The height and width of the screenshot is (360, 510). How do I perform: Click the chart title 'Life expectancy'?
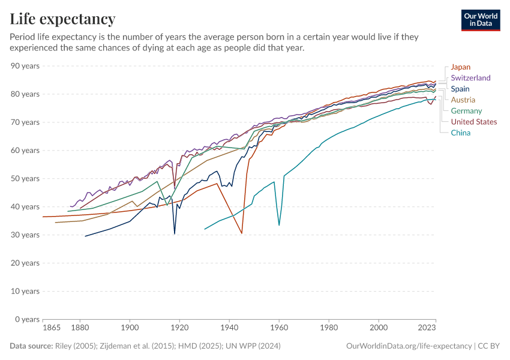pos(62,19)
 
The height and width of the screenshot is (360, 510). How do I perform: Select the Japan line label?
pos(461,67)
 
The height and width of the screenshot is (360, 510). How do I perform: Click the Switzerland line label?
pos(470,78)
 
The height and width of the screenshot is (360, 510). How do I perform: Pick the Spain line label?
pos(460,89)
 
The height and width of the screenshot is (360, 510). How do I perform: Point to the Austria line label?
pos(463,100)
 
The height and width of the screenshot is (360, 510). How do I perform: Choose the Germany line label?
pos(466,111)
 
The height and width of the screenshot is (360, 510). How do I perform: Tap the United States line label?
pos(473,122)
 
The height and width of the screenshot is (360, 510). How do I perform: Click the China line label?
pos(460,133)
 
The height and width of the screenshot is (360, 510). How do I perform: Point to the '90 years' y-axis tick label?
pos(25,66)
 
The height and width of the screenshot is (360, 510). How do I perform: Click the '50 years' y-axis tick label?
pos(25,179)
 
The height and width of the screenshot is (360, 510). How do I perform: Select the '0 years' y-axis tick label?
pos(27,319)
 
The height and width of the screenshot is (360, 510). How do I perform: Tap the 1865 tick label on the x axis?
pos(52,329)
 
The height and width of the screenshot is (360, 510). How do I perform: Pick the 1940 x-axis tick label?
pos(229,329)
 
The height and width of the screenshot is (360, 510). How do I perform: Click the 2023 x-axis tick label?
pos(427,329)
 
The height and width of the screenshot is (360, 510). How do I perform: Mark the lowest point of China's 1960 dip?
pos(279,225)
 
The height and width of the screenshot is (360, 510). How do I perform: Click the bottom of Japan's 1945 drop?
pos(242,233)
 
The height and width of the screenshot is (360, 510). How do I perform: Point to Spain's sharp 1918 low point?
pos(175,233)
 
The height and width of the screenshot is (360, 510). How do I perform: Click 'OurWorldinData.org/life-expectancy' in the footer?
pos(409,346)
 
